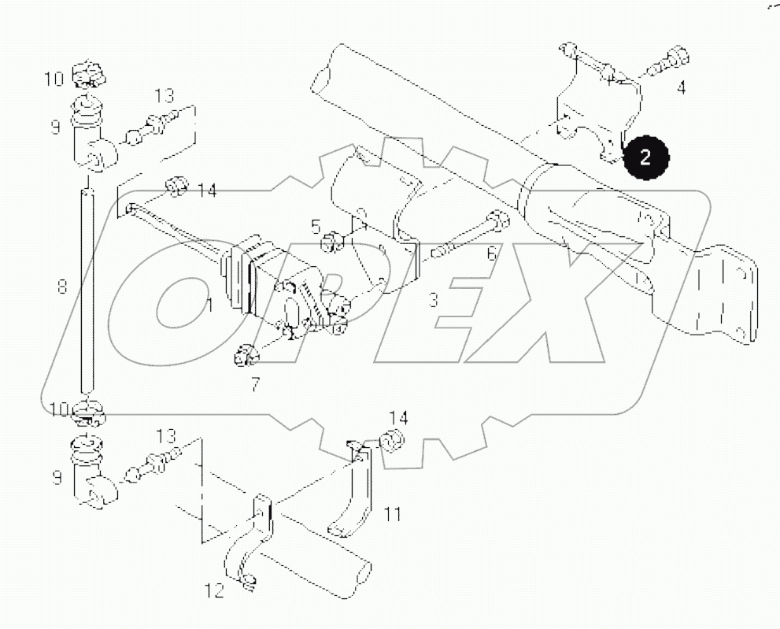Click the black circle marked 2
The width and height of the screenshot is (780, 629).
[645, 157]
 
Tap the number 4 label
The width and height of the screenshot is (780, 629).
[681, 88]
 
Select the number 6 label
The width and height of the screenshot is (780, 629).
[491, 253]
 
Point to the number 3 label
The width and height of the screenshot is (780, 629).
[433, 299]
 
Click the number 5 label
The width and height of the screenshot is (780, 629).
[316, 228]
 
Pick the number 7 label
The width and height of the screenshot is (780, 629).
[254, 386]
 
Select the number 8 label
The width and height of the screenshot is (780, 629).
[62, 287]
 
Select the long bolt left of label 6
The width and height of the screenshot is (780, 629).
[464, 236]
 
